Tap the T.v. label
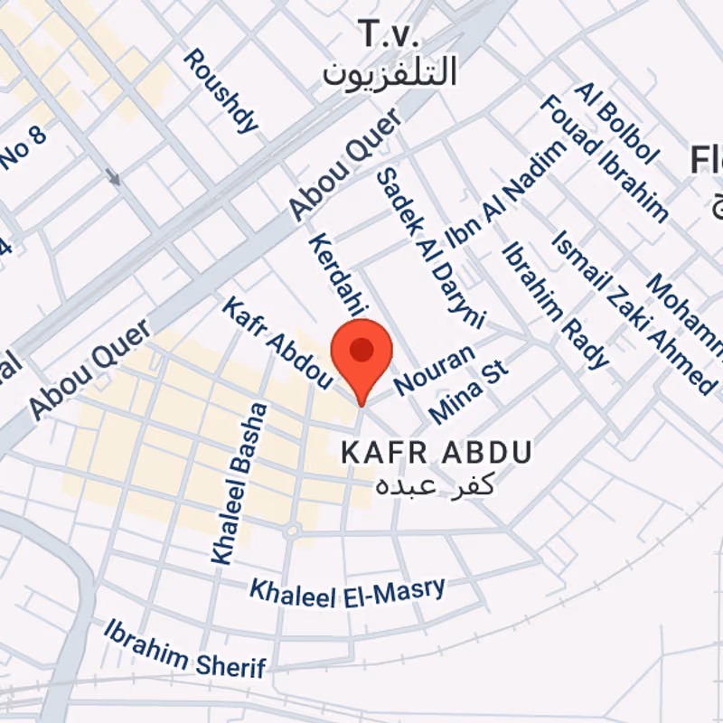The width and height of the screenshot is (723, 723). click(x=390, y=35)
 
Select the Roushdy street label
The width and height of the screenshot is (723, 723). click(x=221, y=91)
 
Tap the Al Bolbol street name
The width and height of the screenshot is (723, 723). click(x=616, y=123)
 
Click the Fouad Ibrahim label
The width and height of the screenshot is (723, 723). click(x=604, y=158)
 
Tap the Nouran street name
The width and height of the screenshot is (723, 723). click(x=434, y=371)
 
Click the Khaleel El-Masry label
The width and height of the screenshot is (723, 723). click(x=347, y=590)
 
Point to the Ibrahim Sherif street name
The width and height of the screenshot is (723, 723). click(x=185, y=648)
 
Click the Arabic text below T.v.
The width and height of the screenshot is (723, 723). click(x=390, y=71)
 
